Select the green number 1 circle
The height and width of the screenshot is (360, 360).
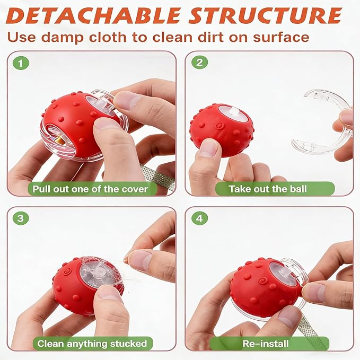21,63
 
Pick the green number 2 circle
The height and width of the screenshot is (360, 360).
199,63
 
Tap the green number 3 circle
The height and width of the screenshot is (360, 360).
21,218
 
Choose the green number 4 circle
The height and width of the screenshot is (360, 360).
199,218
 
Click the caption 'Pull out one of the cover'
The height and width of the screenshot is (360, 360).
90,189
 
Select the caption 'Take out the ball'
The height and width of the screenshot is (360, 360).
268,189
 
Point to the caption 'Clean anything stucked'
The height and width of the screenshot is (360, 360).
92,344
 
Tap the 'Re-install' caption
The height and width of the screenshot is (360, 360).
266,344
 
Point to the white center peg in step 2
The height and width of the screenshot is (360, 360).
234,112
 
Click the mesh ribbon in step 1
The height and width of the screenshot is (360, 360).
159,177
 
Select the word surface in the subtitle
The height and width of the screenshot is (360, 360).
281,37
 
